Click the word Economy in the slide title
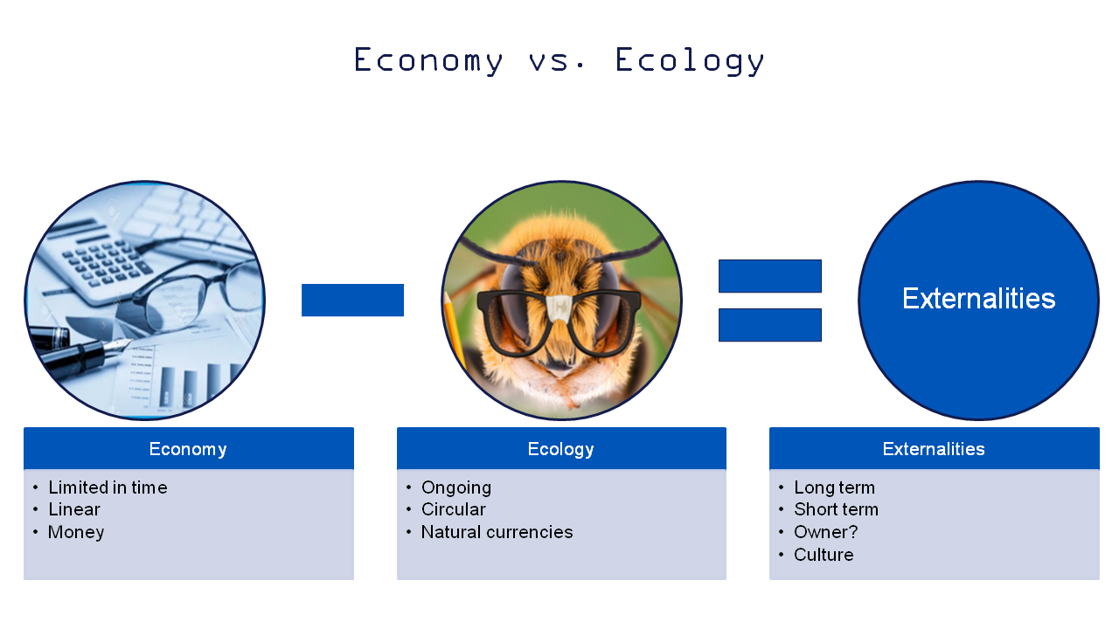(x=427, y=61)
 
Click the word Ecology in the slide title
(x=690, y=61)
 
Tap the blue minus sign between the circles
(x=352, y=300)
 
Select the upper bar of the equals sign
(x=770, y=276)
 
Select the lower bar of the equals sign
(x=770, y=325)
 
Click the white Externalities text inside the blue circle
(x=978, y=299)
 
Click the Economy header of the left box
(x=188, y=449)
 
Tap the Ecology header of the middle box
(x=561, y=449)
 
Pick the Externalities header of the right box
(x=934, y=449)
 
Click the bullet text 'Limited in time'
(x=108, y=487)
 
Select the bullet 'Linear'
(x=74, y=509)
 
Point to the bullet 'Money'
(x=76, y=532)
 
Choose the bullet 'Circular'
(x=453, y=509)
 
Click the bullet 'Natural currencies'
(x=497, y=532)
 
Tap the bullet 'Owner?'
(x=826, y=532)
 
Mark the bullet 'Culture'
(x=824, y=555)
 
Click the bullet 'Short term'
(x=837, y=509)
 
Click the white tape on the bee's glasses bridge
(x=560, y=308)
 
